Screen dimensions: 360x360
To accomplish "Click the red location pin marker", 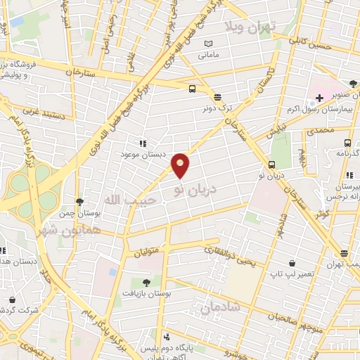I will click(181, 165).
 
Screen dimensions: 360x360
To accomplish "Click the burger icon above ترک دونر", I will click(217, 98).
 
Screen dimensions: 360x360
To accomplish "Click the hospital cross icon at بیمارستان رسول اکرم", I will click(319, 98).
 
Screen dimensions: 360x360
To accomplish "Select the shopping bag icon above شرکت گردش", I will click(12, 300).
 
